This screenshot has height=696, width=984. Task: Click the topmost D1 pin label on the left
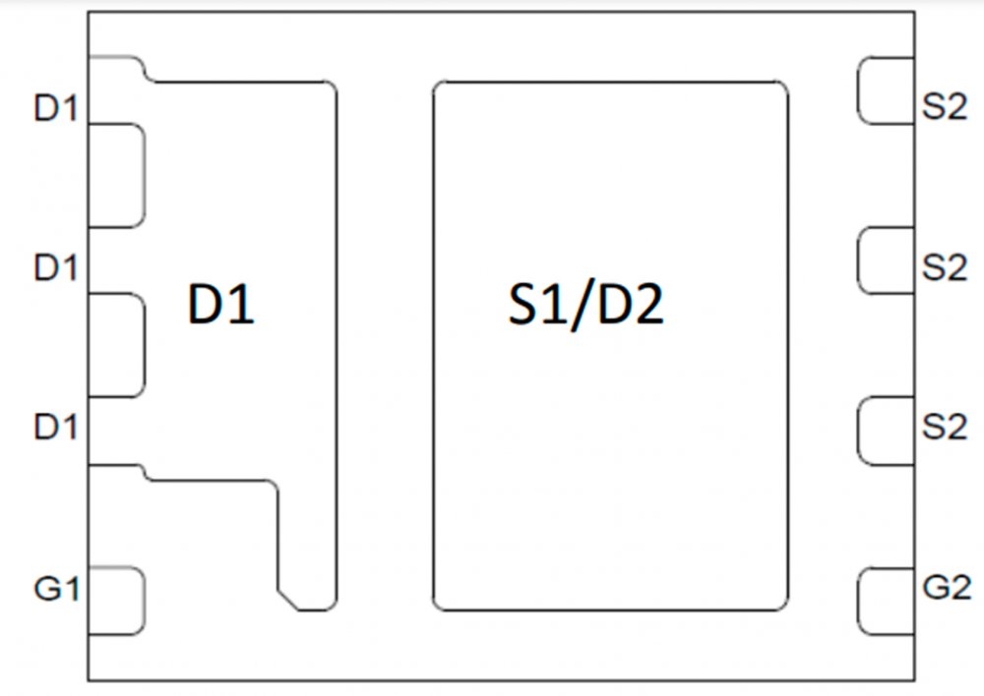click(55, 108)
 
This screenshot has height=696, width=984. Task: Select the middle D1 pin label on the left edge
click(55, 267)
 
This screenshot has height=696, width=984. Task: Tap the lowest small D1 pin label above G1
click(55, 428)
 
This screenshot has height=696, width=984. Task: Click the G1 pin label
click(55, 589)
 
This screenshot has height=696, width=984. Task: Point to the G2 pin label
click(947, 587)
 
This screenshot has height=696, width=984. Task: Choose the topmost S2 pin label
click(945, 108)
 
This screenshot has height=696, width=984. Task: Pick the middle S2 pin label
click(945, 267)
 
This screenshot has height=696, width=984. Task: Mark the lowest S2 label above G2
click(945, 428)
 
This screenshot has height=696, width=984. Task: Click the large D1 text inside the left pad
click(221, 306)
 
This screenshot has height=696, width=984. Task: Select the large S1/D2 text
click(585, 306)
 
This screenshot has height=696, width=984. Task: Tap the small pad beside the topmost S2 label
click(886, 91)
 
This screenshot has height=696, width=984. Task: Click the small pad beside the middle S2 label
click(886, 261)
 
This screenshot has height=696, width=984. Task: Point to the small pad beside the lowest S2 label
click(886, 431)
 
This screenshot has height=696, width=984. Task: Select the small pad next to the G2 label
click(886, 601)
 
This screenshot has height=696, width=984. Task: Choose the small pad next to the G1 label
click(116, 601)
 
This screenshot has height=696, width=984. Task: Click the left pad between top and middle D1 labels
click(116, 175)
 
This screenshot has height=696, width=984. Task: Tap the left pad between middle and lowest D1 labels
click(116, 345)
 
